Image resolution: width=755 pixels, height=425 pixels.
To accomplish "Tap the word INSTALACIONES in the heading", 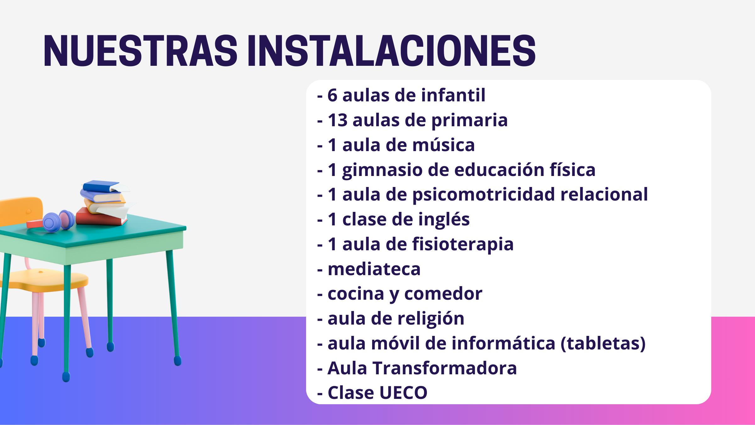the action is click(x=392, y=51).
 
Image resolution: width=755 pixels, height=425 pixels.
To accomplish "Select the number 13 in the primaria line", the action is click(x=338, y=120).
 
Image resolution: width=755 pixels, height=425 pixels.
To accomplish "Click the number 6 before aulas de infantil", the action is click(x=332, y=95).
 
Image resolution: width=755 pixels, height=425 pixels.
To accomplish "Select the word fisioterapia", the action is click(x=463, y=245).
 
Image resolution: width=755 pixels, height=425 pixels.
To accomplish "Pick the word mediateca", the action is click(x=374, y=269).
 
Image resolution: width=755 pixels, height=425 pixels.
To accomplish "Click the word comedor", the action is click(x=443, y=294).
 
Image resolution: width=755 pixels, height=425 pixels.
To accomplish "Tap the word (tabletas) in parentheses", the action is click(x=603, y=343).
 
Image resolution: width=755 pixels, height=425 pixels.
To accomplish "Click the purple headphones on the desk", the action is click(x=59, y=221).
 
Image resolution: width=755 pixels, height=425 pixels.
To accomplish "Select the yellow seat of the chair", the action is click(x=47, y=280).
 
